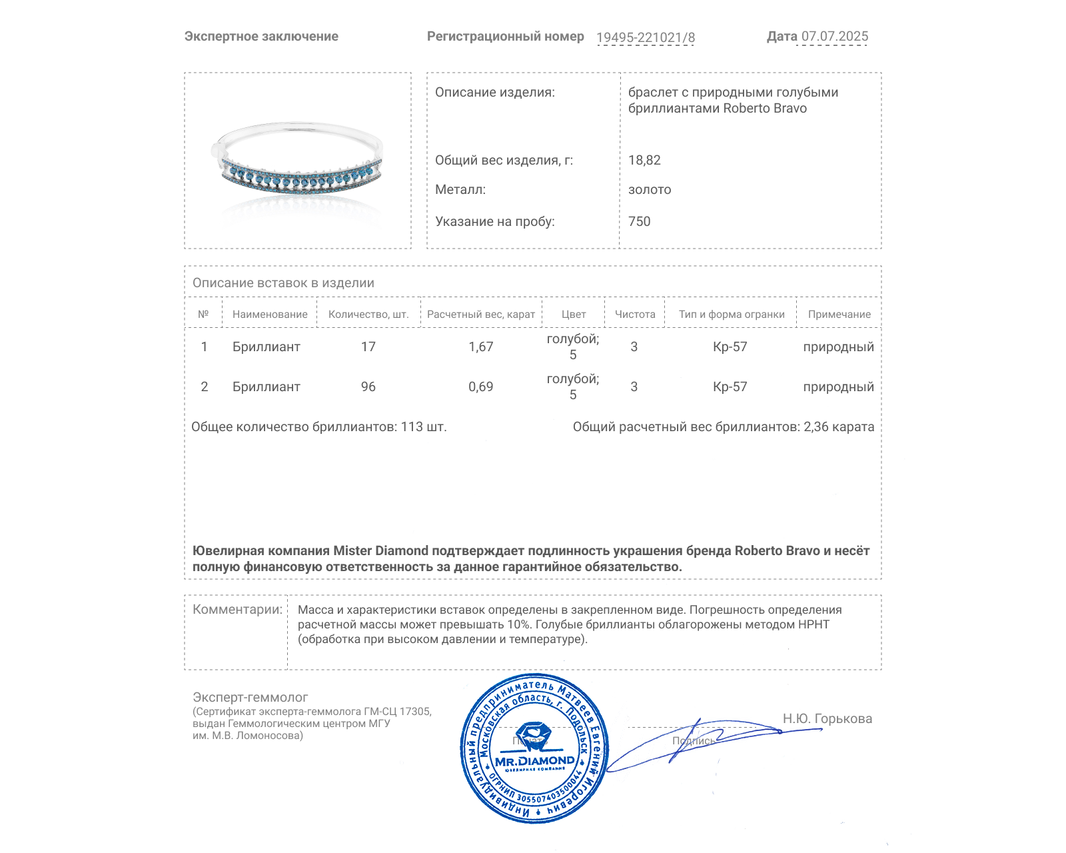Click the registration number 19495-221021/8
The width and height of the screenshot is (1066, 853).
tap(645, 37)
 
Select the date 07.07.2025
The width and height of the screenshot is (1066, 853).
tap(834, 37)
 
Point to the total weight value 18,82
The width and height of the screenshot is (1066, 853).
tap(644, 160)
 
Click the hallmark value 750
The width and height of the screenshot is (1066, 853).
tap(639, 221)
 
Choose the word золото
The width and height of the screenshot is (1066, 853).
tap(650, 190)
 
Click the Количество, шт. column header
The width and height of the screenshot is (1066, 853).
tap(368, 315)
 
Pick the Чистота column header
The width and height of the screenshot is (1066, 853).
tap(635, 315)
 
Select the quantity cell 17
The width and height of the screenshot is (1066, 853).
tap(368, 347)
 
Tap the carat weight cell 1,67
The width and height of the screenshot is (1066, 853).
tap(481, 347)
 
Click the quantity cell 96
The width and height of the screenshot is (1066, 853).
tap(368, 387)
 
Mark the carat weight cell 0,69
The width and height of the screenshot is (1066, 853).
tap(481, 387)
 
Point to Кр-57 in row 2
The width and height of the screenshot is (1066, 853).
tap(730, 387)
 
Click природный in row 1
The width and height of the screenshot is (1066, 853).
tap(838, 347)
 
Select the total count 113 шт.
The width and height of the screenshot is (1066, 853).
tap(423, 426)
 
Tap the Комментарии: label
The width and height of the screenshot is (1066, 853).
tap(237, 609)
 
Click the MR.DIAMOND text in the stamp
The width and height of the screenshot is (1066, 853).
tap(534, 761)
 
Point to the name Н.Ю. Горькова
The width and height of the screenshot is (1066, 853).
tap(827, 718)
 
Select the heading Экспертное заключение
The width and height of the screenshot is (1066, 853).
tap(261, 37)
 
